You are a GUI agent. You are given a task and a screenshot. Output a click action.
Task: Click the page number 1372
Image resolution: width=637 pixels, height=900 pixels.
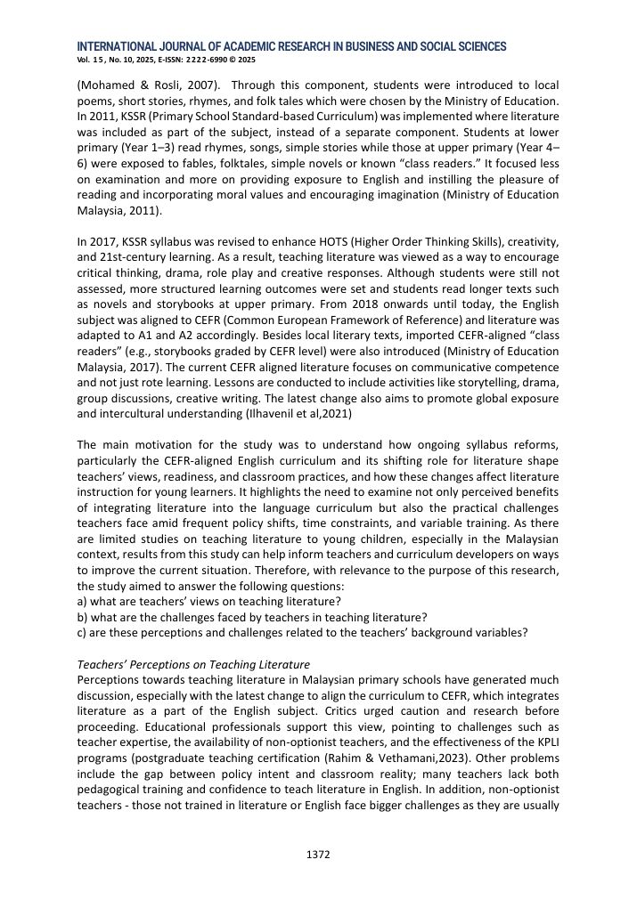[318, 855]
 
